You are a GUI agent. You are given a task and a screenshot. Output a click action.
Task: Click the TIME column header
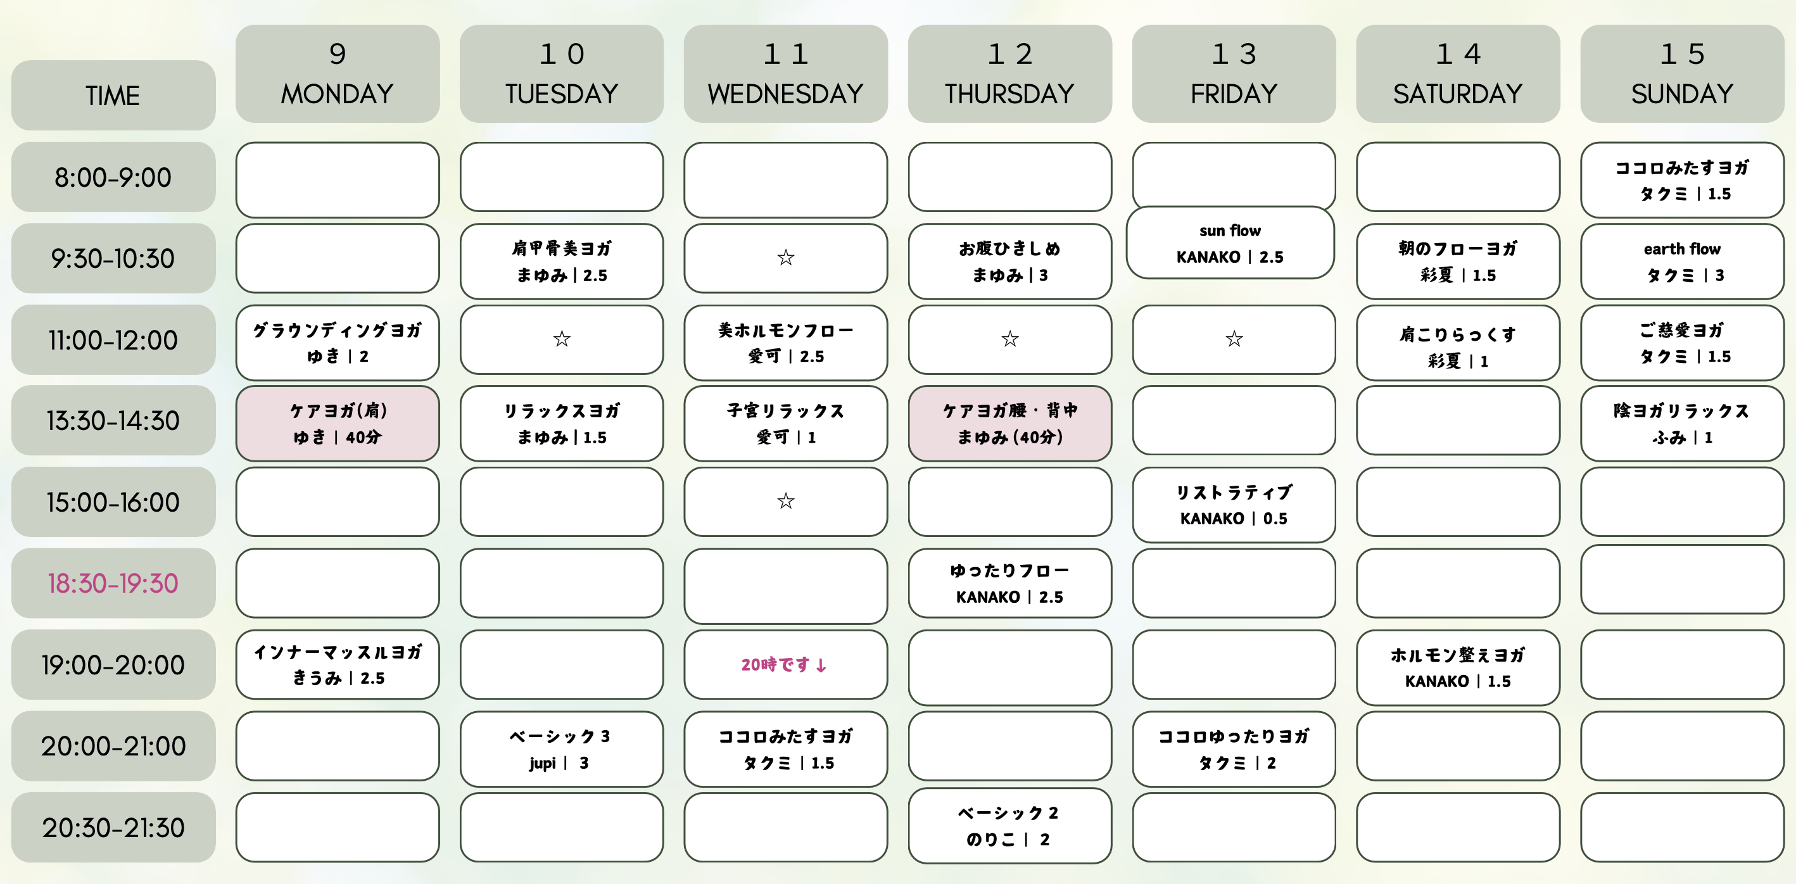[113, 96]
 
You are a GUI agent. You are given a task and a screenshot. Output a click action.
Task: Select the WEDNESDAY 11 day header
[785, 74]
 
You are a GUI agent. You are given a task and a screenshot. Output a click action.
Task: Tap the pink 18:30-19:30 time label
[113, 583]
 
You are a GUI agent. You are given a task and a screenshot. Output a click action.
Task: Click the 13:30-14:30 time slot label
[113, 420]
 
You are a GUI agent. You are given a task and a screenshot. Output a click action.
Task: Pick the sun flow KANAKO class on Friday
[1230, 243]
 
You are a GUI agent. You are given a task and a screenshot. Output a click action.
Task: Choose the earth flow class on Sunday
[1681, 262]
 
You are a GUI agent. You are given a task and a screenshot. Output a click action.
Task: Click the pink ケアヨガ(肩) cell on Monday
[338, 423]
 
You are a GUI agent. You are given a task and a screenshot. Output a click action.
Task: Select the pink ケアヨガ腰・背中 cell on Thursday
[1009, 423]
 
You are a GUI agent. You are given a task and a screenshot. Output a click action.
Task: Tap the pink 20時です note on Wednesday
[785, 664]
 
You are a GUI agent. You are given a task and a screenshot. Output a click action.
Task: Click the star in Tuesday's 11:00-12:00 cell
[561, 339]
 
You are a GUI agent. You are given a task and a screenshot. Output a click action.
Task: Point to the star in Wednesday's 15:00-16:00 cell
[786, 502]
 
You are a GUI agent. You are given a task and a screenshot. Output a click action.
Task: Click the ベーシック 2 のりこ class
[1009, 826]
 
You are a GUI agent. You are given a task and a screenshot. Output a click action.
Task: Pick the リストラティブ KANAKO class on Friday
[1234, 505]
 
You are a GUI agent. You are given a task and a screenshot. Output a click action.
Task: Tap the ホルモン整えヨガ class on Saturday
[1457, 667]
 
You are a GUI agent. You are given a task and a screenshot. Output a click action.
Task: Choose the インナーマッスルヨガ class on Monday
[338, 664]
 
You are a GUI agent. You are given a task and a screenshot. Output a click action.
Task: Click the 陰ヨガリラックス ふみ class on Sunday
[1681, 423]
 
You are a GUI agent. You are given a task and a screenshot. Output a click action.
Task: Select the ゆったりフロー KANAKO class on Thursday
[1009, 583]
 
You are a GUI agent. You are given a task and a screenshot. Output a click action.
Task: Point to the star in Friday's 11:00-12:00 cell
[1234, 339]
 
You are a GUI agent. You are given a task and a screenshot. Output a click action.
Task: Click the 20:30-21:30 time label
[113, 827]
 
